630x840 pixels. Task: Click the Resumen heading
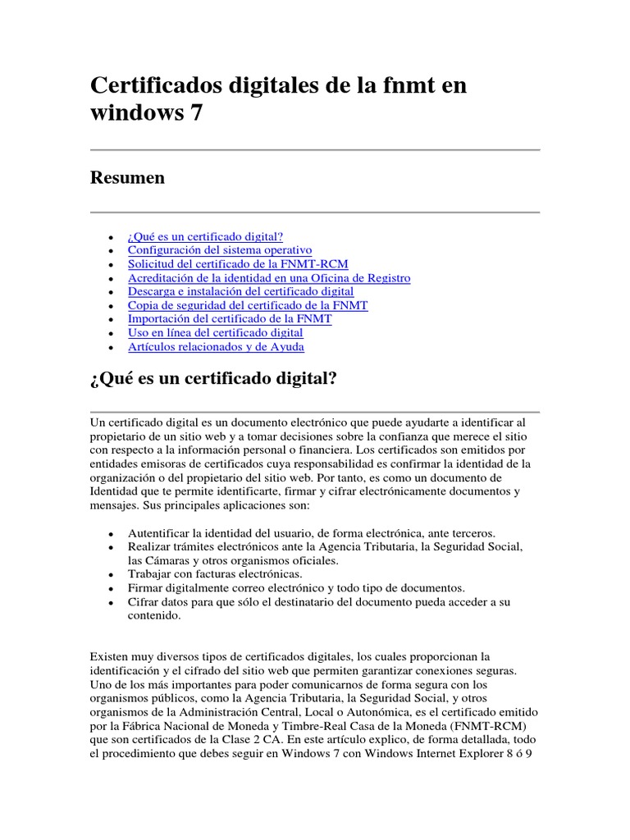click(127, 178)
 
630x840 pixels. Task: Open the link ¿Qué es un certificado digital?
click(205, 236)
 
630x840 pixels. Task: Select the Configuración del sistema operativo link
click(220, 250)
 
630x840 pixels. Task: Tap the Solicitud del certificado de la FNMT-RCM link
click(238, 264)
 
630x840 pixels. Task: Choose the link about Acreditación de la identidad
click(269, 278)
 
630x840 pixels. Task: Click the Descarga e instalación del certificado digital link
click(241, 291)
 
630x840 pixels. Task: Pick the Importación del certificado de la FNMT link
click(230, 319)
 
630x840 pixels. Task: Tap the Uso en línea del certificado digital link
click(216, 333)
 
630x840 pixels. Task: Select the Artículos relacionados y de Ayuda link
click(216, 347)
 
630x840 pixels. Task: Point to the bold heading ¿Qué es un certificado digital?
click(213, 381)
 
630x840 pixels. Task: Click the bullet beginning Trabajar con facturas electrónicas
click(215, 574)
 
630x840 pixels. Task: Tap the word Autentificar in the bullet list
click(161, 532)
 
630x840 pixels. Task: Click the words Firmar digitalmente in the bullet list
click(178, 588)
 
